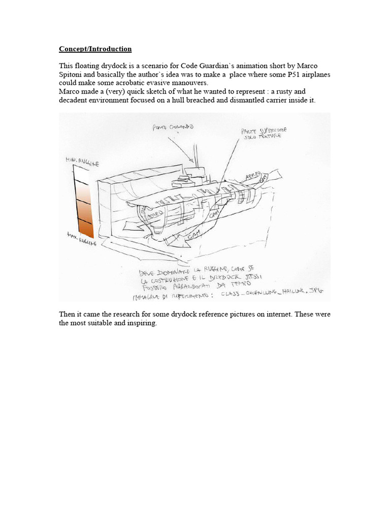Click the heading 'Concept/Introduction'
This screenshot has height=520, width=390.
pyautogui.click(x=95, y=49)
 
